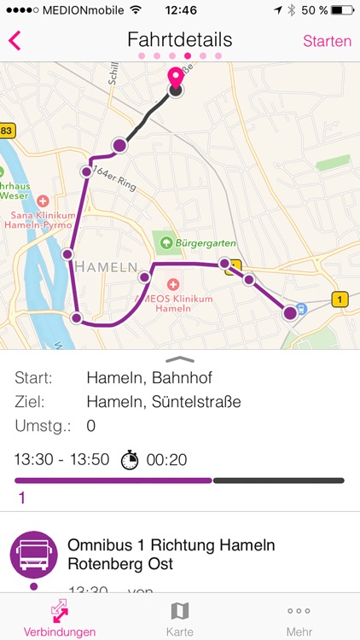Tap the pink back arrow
point(15,41)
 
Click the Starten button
point(327,41)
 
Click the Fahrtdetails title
point(179,40)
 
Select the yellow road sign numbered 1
point(340,299)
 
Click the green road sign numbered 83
point(7,131)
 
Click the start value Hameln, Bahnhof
point(149,378)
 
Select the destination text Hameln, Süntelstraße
point(164,402)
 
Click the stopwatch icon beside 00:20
point(129,460)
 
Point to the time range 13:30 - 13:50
point(61,460)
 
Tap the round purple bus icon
point(33,554)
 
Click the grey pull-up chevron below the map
point(180,359)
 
